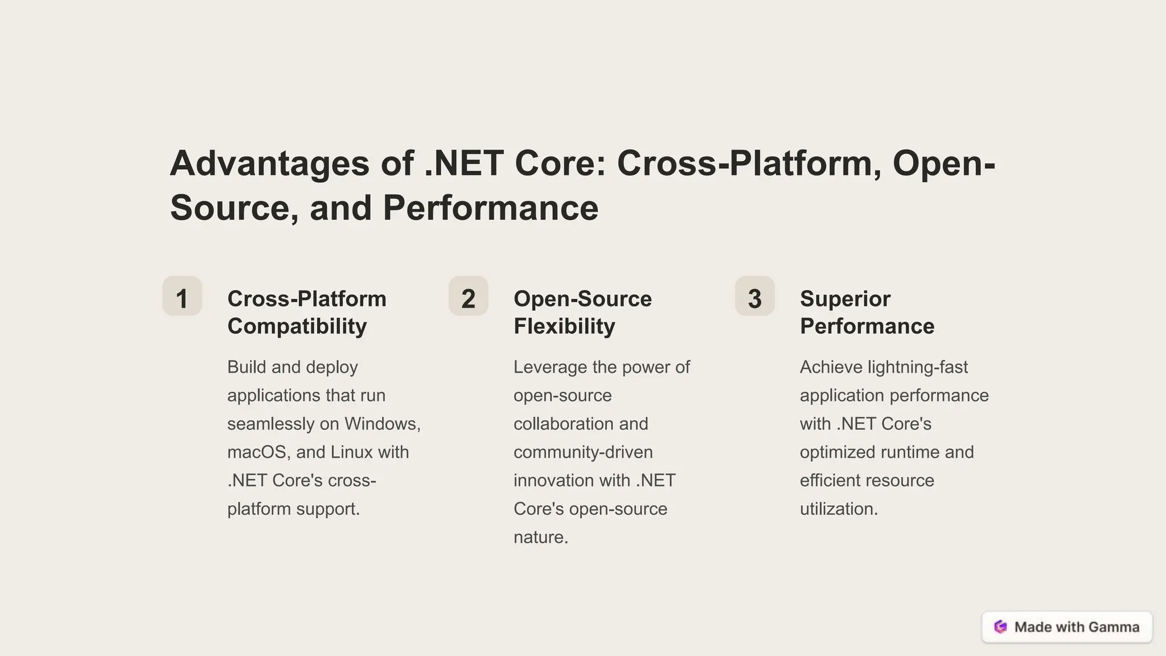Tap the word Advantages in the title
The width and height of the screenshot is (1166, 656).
(269, 164)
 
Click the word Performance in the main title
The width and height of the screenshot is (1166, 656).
(490, 208)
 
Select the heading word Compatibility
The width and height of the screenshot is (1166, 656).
(297, 326)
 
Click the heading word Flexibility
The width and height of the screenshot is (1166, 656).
(564, 326)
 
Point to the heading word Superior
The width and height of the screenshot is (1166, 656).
(845, 299)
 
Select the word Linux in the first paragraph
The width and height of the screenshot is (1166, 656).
(351, 452)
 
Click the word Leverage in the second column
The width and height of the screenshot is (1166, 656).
(551, 367)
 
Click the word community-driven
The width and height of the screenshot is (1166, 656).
(583, 452)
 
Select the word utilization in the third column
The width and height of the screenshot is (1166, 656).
(837, 509)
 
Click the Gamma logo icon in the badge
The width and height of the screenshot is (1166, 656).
(1000, 627)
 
